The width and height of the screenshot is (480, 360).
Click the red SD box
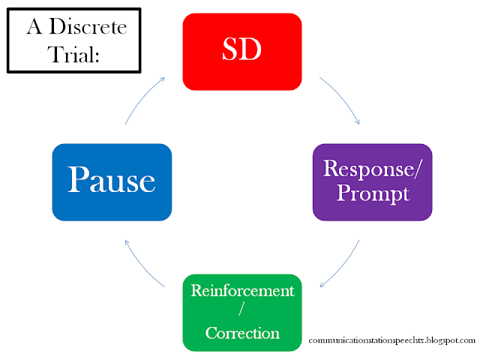click(x=242, y=52)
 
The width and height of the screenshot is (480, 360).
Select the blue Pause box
click(x=112, y=182)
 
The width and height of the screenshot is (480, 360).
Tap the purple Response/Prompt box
click(x=372, y=182)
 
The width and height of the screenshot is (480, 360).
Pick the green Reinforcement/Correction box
click(x=242, y=313)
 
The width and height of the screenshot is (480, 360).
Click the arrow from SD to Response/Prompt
click(x=343, y=97)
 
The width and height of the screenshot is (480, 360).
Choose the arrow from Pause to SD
click(x=142, y=97)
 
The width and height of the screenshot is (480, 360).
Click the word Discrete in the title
click(x=88, y=26)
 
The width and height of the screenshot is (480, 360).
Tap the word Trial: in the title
click(x=73, y=55)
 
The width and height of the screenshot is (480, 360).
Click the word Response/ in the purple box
click(x=373, y=169)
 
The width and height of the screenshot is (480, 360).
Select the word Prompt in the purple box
click(x=373, y=193)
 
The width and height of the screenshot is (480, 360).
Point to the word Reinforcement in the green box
click(x=242, y=290)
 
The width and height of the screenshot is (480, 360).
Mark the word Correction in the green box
click(x=242, y=333)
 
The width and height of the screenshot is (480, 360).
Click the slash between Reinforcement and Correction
click(x=241, y=308)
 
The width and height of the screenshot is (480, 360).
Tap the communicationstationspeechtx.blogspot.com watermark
click(x=391, y=340)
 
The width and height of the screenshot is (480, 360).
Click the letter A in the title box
click(x=34, y=26)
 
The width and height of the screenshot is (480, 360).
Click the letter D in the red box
click(x=250, y=49)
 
